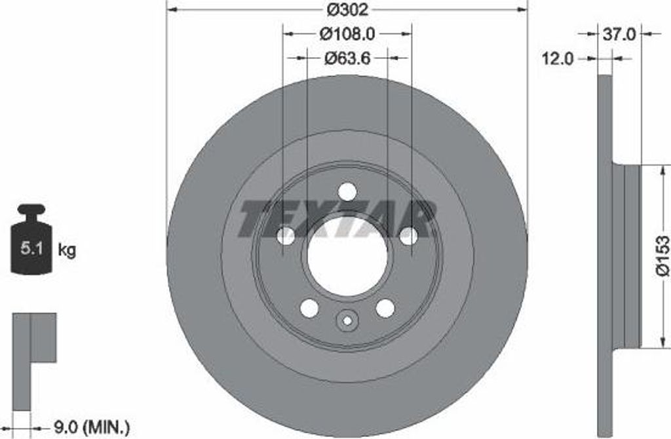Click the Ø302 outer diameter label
[x=348, y=9]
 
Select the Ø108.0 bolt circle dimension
[x=347, y=32]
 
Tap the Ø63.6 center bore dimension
[x=347, y=58]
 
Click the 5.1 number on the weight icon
[x=33, y=249]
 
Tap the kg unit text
[x=67, y=250]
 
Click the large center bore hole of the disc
[x=347, y=256]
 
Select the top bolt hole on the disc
[x=347, y=192]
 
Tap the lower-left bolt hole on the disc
[x=309, y=308]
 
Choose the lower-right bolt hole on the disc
[x=385, y=308]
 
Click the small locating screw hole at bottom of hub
[x=347, y=320]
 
